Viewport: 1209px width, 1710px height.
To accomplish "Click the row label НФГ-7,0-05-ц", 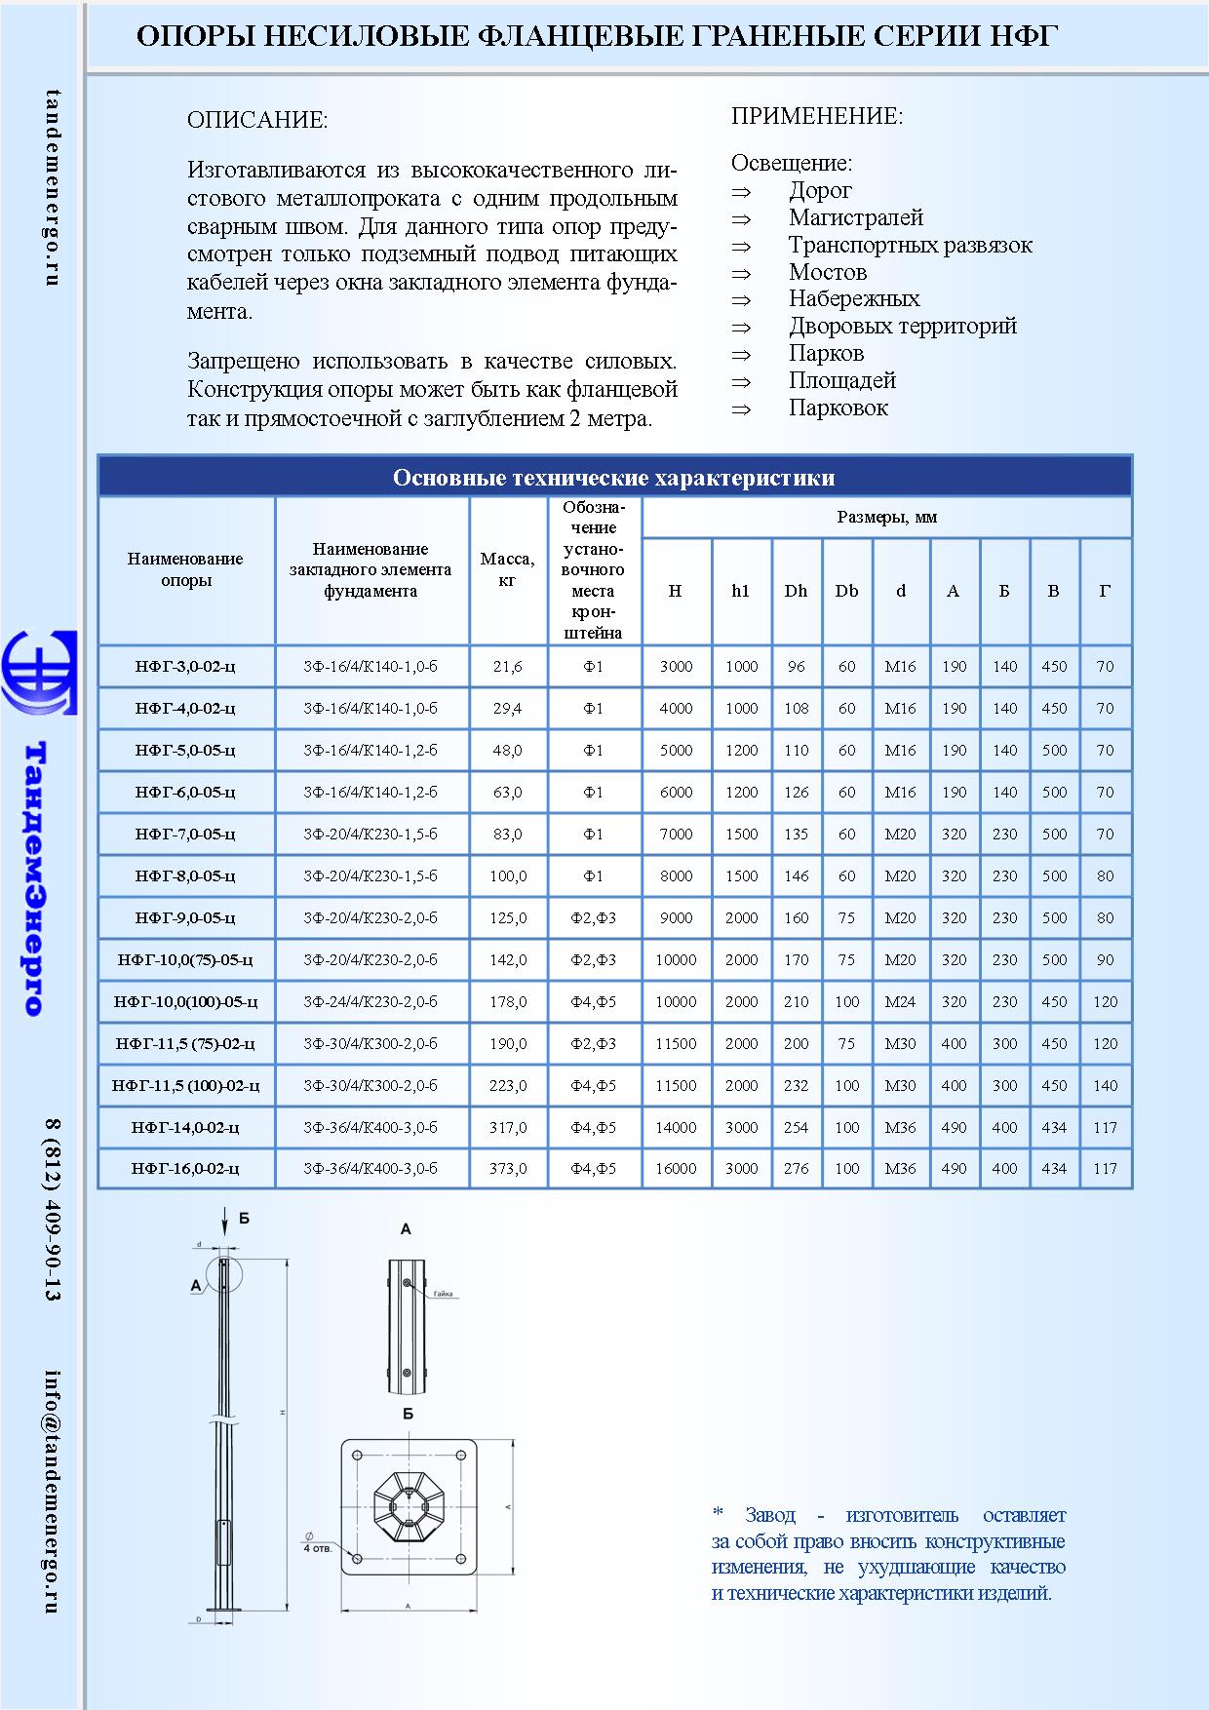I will [185, 835].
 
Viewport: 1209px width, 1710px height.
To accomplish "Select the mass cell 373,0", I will [507, 1169].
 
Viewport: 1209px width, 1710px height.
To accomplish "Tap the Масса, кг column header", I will [507, 569].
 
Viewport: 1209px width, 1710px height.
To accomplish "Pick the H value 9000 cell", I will [676, 918].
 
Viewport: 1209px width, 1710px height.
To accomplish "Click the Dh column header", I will [796, 591].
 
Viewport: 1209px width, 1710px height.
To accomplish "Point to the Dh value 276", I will [796, 1169].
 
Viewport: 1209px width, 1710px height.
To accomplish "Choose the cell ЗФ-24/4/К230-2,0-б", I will [370, 1002].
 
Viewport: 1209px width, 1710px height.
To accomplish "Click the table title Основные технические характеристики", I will [613, 478].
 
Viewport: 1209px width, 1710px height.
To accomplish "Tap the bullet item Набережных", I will [854, 299].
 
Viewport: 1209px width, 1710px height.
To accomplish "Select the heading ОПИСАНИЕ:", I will [257, 121].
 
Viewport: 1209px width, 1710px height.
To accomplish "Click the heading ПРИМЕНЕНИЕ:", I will [817, 117].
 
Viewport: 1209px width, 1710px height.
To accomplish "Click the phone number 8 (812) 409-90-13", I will [53, 1209].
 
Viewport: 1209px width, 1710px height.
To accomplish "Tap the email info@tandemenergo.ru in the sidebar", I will [53, 1492].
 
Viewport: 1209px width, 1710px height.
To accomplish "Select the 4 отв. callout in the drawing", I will [318, 1548].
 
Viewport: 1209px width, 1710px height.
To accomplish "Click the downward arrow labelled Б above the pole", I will [225, 1220].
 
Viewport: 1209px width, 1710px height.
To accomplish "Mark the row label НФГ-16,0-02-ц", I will [185, 1169].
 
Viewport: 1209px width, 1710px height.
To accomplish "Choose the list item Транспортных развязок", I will [910, 246].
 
